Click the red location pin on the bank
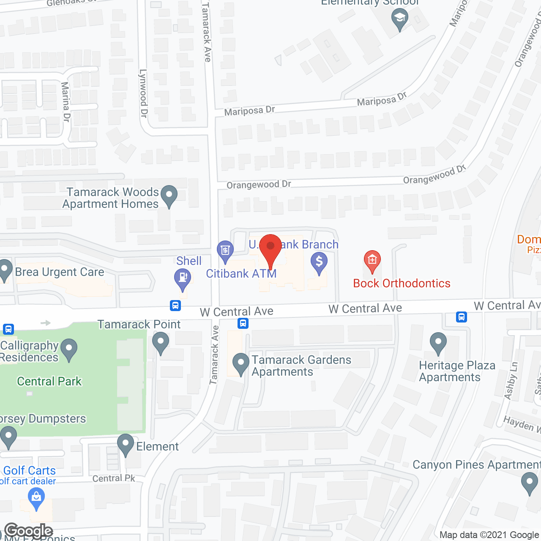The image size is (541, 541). coord(270,247)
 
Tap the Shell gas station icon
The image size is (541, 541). coord(183,279)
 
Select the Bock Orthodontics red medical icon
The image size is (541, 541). coord(372,260)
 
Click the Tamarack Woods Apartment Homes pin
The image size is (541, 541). coord(169,196)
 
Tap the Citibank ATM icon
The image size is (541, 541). coord(225,250)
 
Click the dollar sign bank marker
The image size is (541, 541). coord(319,262)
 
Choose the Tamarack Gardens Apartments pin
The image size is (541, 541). coord(241,363)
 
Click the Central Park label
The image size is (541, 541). coord(49,381)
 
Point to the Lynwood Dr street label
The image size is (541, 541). coord(143,93)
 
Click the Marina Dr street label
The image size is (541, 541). coord(66,102)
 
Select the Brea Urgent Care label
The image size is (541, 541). coord(60,272)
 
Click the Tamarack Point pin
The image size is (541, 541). coord(160,342)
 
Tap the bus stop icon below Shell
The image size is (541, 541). coord(175,305)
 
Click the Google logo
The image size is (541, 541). coord(29,531)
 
